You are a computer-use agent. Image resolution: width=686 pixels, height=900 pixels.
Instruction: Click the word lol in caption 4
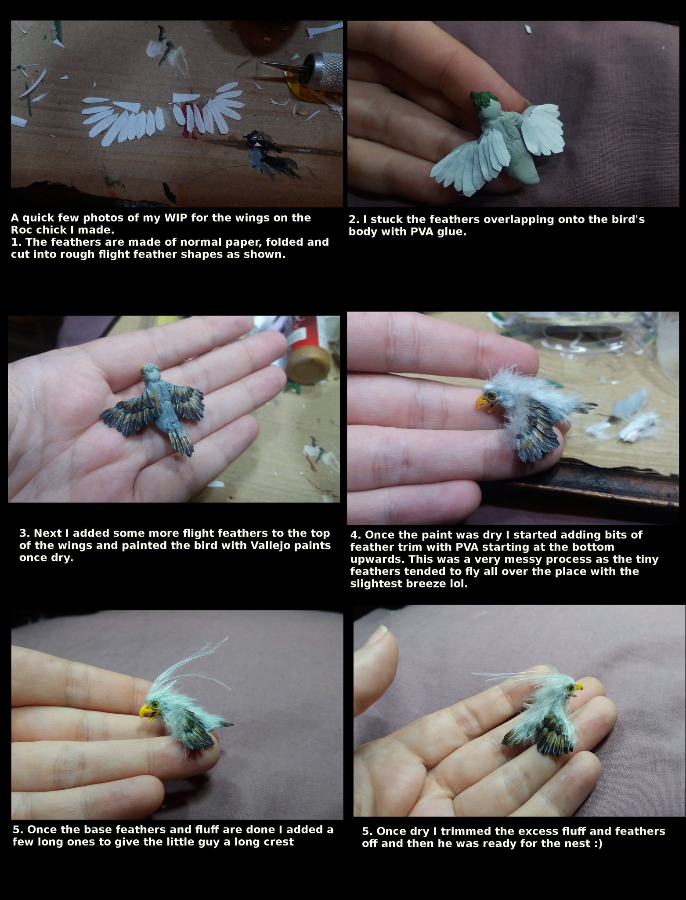(459, 584)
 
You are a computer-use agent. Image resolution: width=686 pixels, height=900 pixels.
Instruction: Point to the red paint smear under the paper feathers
(188, 119)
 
